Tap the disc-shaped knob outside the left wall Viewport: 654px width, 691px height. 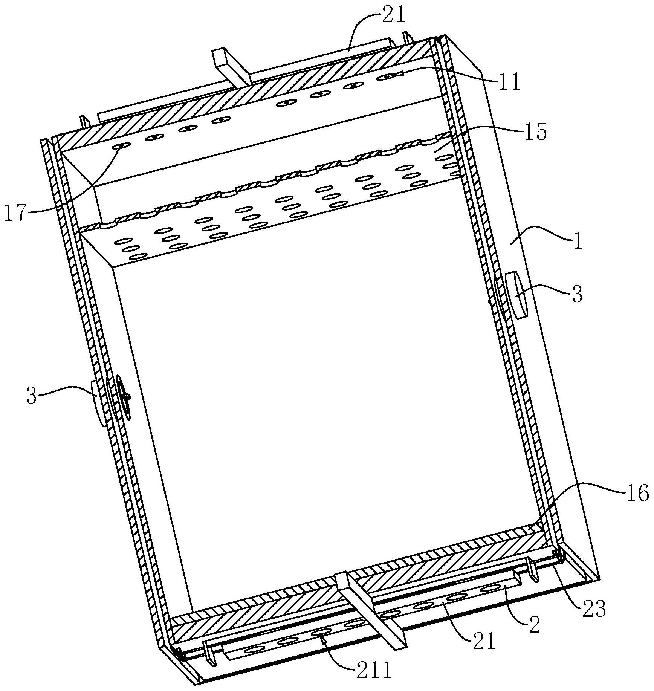(x=98, y=403)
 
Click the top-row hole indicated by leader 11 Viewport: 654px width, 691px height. (x=388, y=76)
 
